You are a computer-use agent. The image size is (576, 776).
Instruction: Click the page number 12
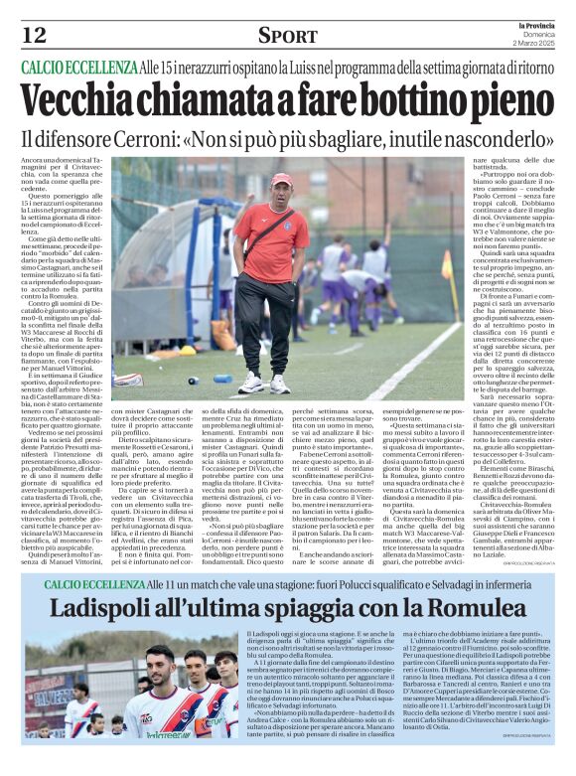pos(34,35)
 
